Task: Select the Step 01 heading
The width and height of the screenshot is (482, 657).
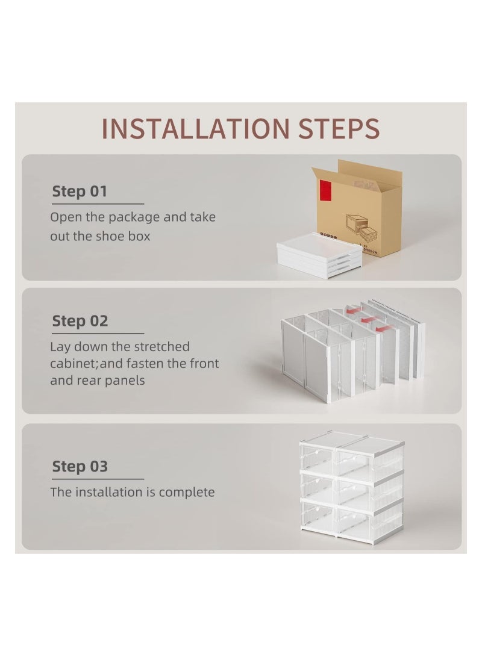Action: pos(80,191)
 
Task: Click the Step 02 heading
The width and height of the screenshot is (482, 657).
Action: pos(80,321)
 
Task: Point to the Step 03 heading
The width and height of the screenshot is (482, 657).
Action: pos(80,466)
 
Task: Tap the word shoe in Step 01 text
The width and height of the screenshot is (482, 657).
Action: pos(111,236)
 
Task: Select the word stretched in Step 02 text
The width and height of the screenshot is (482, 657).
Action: pos(161,347)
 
